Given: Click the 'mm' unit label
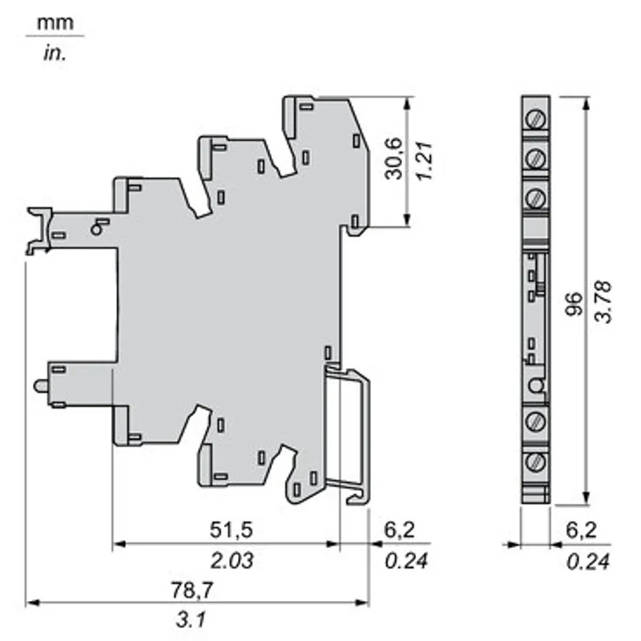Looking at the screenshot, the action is [x=55, y=23].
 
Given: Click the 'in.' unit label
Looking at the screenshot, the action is [x=54, y=54].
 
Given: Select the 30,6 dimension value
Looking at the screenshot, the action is [x=393, y=159].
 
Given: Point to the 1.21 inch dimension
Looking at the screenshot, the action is [x=424, y=160].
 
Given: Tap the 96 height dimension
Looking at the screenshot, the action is [x=574, y=304].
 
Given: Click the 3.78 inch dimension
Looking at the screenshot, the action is [x=603, y=302].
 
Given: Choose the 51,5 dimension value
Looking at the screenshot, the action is [x=232, y=530].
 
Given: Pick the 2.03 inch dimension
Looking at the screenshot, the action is [x=232, y=560].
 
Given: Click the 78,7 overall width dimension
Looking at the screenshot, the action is [x=191, y=591].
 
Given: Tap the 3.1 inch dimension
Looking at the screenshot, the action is [x=191, y=619].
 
